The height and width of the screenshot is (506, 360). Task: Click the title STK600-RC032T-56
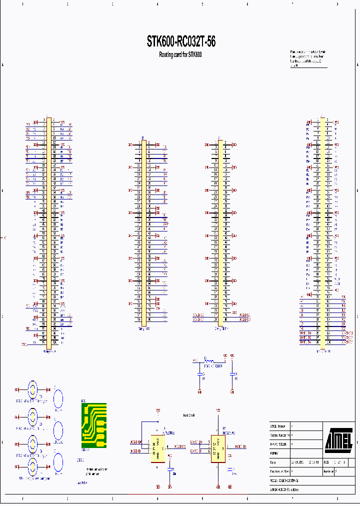(181, 41)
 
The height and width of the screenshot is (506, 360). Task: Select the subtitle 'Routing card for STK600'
(180, 54)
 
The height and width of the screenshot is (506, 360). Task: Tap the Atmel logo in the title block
(339, 438)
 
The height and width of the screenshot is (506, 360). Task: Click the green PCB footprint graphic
(94, 425)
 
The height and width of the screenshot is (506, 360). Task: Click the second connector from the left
(144, 232)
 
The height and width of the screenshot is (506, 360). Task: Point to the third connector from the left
(220, 232)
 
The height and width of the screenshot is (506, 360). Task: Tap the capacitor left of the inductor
(199, 374)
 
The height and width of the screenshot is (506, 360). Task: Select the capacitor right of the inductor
(232, 374)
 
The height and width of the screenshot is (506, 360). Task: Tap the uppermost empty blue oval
(58, 399)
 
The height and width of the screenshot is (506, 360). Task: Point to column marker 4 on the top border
(157, 4)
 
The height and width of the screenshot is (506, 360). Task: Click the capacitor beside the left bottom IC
(170, 469)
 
